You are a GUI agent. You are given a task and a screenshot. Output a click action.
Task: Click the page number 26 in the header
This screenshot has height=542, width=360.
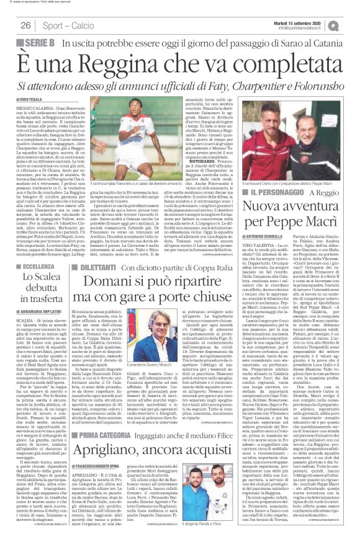pyautogui.click(x=27, y=25)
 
